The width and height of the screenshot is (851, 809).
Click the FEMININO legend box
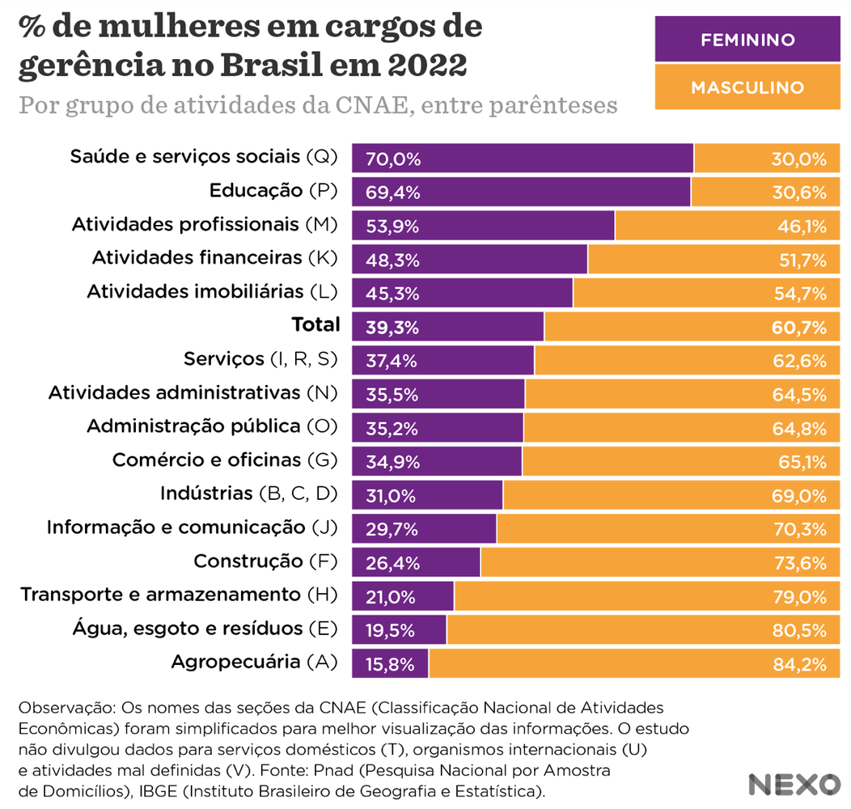point(747,40)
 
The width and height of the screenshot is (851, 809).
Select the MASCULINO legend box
point(747,87)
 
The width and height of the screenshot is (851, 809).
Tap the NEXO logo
point(794,784)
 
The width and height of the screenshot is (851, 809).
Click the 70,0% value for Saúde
point(393,159)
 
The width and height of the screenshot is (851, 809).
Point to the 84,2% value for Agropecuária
point(798,665)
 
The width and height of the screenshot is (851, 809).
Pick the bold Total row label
point(315,325)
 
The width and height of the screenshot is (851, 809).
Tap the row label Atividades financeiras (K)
point(214,258)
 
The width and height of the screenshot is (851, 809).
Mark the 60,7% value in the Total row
point(798,328)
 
